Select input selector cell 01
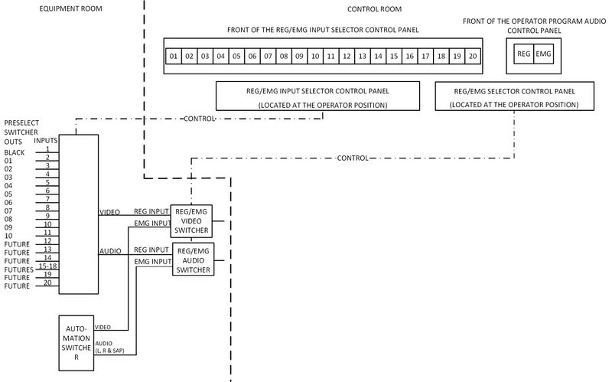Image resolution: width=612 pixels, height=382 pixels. [x=174, y=57]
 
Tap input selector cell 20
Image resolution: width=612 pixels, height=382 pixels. [x=474, y=57]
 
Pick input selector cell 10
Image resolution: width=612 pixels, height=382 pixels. [x=315, y=57]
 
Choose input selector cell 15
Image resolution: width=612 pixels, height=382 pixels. [x=394, y=57]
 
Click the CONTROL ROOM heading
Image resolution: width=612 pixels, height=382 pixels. [x=374, y=9]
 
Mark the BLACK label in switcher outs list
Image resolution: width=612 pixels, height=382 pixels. [x=14, y=153]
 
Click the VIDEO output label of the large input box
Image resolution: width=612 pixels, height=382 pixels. [x=109, y=212]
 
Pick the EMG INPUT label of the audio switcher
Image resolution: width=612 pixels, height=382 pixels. [x=152, y=262]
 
